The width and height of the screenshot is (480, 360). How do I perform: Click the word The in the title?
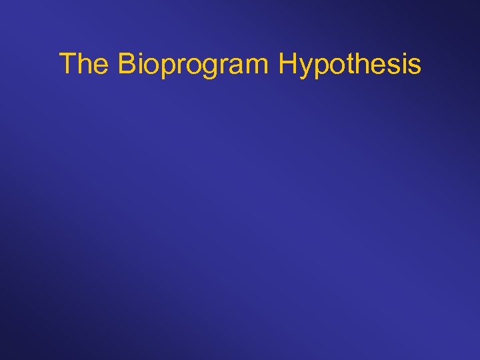(x=84, y=64)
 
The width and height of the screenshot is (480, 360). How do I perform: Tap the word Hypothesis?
(x=350, y=65)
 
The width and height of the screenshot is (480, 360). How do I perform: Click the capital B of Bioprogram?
(x=127, y=64)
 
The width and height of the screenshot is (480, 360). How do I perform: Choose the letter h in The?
(x=83, y=64)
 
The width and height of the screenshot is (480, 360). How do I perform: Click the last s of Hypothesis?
(x=414, y=67)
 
